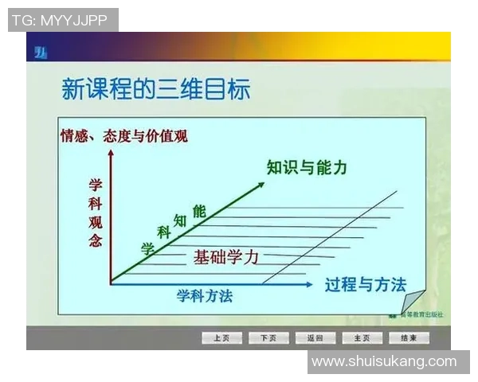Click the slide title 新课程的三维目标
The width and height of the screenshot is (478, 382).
click(156, 89)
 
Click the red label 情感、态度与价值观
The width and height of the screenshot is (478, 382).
click(123, 136)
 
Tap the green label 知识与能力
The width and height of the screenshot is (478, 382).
click(307, 168)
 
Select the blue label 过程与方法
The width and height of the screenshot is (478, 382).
click(365, 285)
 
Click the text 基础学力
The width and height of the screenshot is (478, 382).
click(226, 257)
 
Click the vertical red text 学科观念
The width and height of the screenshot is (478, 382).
click(96, 213)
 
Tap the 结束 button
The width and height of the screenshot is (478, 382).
click(409, 338)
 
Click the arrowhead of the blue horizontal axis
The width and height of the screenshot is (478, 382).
click(316, 283)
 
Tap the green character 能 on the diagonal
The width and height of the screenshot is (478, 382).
click(199, 211)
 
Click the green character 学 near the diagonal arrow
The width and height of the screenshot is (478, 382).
click(147, 248)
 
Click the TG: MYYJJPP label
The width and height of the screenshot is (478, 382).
click(63, 20)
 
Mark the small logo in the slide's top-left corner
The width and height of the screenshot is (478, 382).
click(39, 53)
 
